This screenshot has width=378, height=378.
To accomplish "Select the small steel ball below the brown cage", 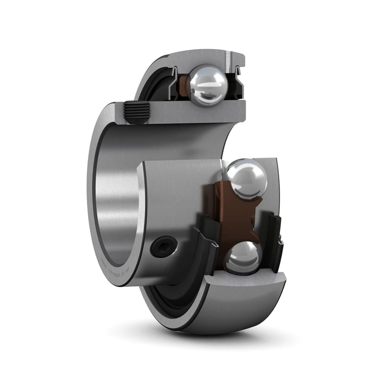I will click(x=242, y=258).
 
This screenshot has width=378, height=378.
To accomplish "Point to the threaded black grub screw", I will click(x=137, y=113).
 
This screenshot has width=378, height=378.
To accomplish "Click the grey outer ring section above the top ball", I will click(x=203, y=57).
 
